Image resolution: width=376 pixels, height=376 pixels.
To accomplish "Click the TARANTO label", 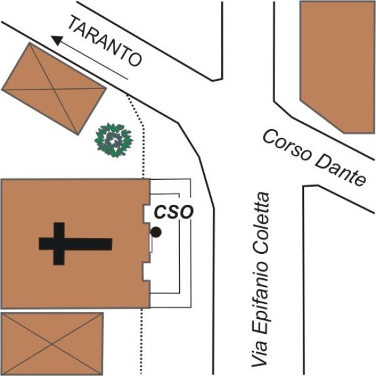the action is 105,41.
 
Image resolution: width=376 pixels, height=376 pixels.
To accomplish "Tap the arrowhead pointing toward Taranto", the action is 57,40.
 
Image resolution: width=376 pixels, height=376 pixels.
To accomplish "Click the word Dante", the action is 340,171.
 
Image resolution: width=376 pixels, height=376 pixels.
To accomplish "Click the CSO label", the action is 174,212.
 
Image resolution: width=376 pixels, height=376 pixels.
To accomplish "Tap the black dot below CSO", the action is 156,232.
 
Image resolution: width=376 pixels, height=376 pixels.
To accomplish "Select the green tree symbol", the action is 113,140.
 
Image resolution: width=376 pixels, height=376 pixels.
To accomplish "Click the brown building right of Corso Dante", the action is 338,67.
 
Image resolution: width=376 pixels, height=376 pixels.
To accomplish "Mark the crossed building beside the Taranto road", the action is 54,89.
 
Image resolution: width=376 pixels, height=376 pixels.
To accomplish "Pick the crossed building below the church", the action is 52,344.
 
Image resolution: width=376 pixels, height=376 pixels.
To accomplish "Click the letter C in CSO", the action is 160,212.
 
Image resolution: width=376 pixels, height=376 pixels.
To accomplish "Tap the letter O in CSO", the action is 186,212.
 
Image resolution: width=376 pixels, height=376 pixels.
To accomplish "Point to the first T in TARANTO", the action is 74,24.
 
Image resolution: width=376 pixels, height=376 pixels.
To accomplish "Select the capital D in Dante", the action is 323,162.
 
